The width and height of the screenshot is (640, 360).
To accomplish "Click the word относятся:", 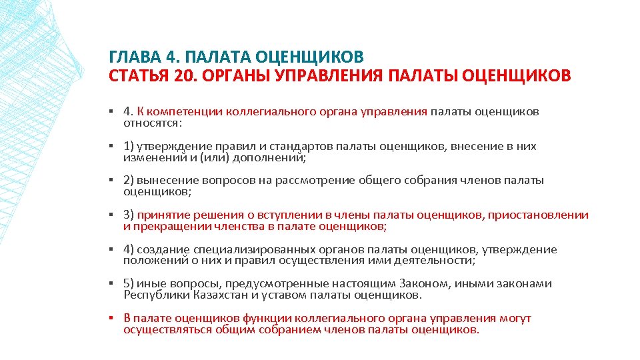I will (x=153, y=123).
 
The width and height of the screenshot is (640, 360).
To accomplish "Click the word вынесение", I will (x=165, y=181).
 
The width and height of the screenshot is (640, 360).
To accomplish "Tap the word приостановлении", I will (x=539, y=215).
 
